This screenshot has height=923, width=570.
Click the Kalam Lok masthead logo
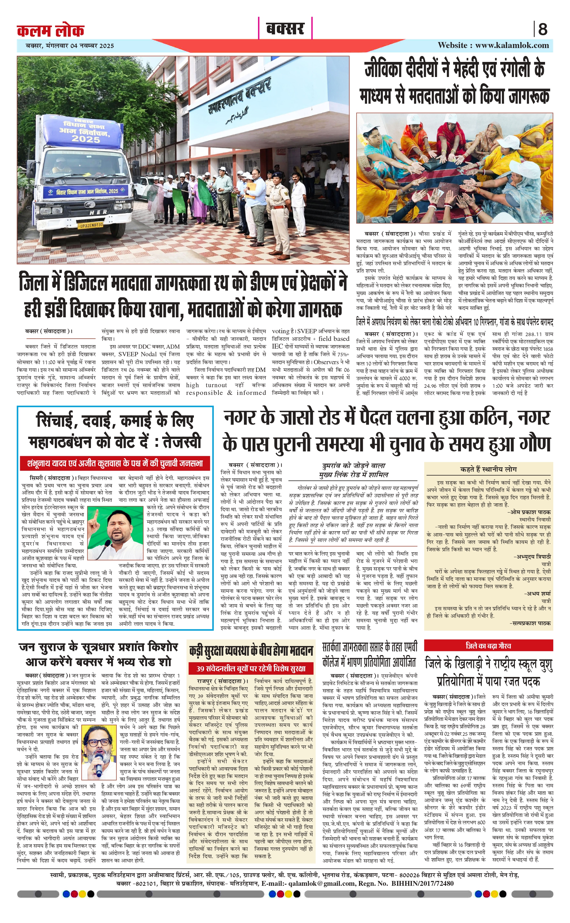(51, 30)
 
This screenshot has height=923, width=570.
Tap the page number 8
(542, 29)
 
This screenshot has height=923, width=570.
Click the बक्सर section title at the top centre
(285, 29)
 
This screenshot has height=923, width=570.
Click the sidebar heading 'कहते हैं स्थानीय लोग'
(489, 469)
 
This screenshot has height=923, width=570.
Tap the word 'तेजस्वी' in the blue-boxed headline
(182, 442)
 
